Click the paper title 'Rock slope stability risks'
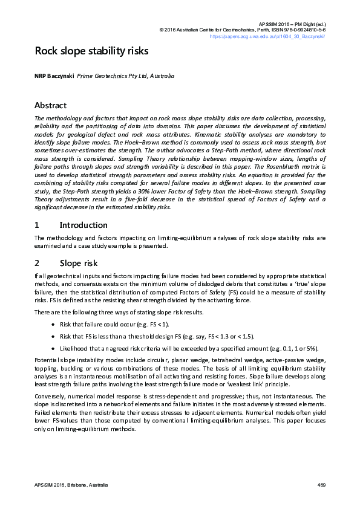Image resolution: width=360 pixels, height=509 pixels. coord(91,51)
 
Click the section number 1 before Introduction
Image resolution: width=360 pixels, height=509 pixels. coord(37,225)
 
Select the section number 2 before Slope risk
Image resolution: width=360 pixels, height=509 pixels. coord(37,263)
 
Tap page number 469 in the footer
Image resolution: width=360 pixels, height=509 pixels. coord(321,485)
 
